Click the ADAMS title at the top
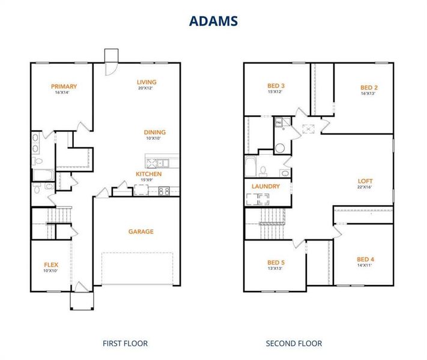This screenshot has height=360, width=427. [x=213, y=20]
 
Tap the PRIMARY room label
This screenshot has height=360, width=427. [x=64, y=86]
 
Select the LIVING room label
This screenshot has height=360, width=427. [x=147, y=82]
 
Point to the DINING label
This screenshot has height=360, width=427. [x=154, y=133]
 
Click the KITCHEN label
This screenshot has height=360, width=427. [x=148, y=174]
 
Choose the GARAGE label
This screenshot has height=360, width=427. [x=141, y=232]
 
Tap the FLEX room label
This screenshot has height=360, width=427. [x=51, y=265]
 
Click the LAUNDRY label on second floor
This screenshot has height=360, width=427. [x=266, y=187]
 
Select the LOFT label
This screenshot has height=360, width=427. [x=365, y=181]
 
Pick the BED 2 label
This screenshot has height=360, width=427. [x=369, y=87]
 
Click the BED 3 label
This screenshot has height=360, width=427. [x=276, y=86]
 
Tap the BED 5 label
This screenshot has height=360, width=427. [x=276, y=262]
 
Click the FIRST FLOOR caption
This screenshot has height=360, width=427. [x=125, y=344]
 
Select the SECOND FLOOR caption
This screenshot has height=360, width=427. [x=294, y=344]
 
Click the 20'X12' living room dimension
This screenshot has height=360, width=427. [x=145, y=89]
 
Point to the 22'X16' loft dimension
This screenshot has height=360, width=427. [x=365, y=187]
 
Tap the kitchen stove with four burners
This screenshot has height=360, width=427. [x=163, y=191]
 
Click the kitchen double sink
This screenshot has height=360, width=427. [x=157, y=162]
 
